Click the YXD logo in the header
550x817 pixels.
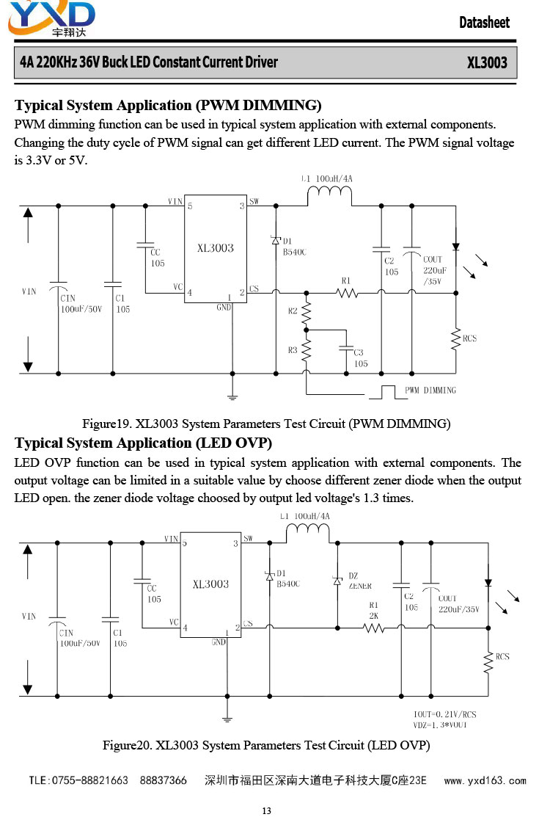pos(51,18)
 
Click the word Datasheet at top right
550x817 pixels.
pos(484,23)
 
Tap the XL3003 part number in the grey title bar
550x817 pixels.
pos(486,62)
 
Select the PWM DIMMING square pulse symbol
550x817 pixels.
pos(388,392)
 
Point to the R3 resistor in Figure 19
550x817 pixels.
pos(306,350)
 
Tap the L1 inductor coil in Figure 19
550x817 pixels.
pos(329,194)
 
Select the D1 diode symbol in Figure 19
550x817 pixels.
pos(276,240)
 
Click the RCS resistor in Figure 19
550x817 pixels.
pos(456,339)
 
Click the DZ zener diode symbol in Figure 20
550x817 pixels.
pos(338,580)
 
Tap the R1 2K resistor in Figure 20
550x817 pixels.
pos(374,628)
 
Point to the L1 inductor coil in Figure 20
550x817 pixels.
pos(307,531)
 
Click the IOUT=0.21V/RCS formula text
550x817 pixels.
pos(445,714)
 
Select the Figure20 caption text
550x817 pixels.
pos(266,745)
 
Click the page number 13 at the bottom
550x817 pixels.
pos(266,810)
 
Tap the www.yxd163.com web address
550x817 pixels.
pos(485,780)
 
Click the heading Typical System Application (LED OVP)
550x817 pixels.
pos(143,443)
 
